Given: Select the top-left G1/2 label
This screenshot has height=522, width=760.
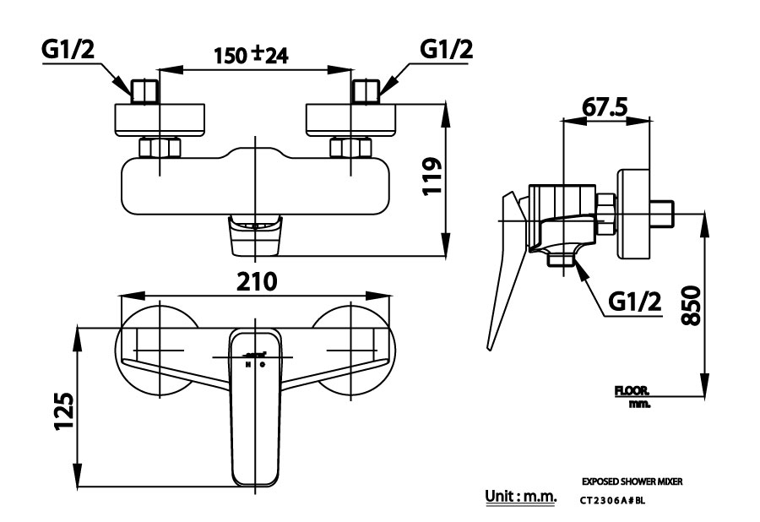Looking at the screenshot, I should (x=69, y=51).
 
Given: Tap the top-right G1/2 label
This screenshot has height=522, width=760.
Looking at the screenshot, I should (x=446, y=51).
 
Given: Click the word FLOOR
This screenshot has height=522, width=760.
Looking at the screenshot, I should (x=631, y=392).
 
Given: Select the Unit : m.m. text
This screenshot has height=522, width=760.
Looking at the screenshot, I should (x=521, y=496).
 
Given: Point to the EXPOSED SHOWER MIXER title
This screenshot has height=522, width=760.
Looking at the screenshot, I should (x=632, y=481).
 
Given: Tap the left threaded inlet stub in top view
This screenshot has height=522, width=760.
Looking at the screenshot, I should (x=146, y=90).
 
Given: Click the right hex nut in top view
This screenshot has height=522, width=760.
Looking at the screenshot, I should (x=350, y=149).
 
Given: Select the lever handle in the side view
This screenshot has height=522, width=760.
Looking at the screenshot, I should (x=503, y=270).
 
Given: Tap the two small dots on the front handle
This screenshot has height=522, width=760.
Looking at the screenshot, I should (x=254, y=365).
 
